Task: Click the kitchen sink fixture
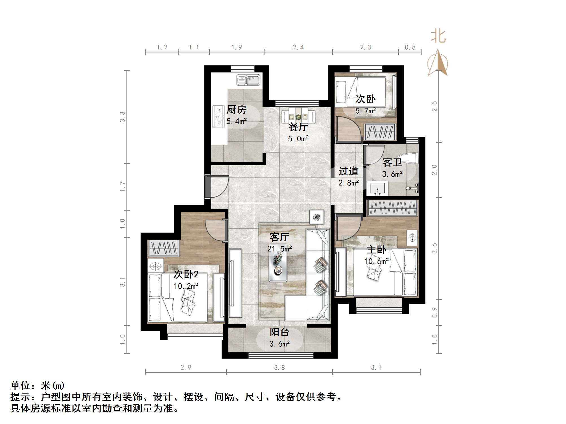click(x=248, y=80)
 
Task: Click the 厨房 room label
click(x=236, y=109)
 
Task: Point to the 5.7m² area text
click(x=365, y=111)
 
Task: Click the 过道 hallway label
click(x=348, y=171)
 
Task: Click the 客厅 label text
click(x=279, y=237)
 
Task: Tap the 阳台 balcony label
click(x=279, y=332)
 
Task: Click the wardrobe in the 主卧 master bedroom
click(x=392, y=208)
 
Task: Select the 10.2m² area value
click(x=186, y=286)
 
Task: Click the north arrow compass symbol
click(x=438, y=63)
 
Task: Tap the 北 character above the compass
click(x=438, y=37)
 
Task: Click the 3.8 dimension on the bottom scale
click(x=279, y=368)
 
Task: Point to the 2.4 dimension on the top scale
click(x=298, y=47)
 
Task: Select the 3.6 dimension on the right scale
click(x=434, y=248)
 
